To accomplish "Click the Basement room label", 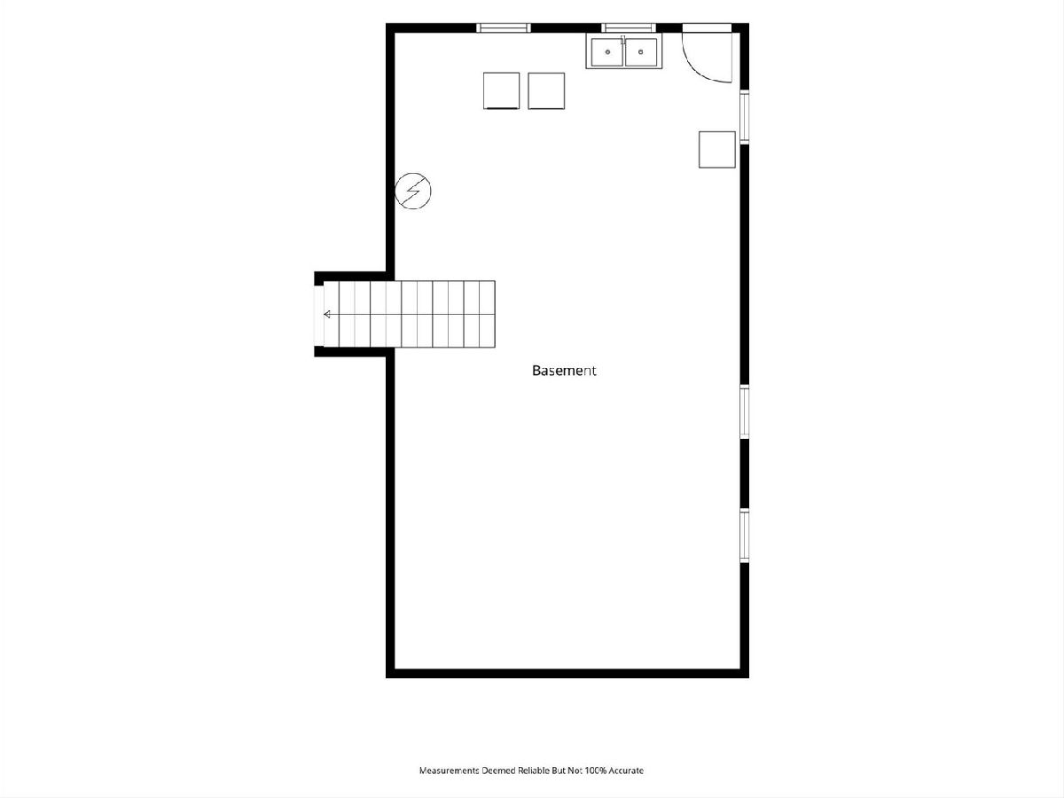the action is point(564,371).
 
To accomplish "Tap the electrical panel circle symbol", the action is point(412,191).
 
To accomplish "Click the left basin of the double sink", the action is point(607,51).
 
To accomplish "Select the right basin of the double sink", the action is point(641,51).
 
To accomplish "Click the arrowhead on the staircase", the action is point(326,315).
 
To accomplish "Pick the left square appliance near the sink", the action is point(501,90).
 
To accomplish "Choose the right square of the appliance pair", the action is point(546,90).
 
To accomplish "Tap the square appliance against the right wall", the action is point(717,150).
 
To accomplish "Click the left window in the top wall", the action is point(504,28).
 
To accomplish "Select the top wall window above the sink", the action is point(629,28).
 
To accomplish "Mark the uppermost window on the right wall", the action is point(744,117).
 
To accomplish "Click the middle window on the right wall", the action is point(744,411).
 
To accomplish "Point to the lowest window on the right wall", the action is point(744,536).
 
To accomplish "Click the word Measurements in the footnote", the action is point(449,771).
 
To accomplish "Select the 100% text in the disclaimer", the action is point(596,771).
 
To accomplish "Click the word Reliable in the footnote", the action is point(534,771).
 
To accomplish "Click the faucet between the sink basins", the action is point(623,40).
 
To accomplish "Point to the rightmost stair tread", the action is point(487,314).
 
